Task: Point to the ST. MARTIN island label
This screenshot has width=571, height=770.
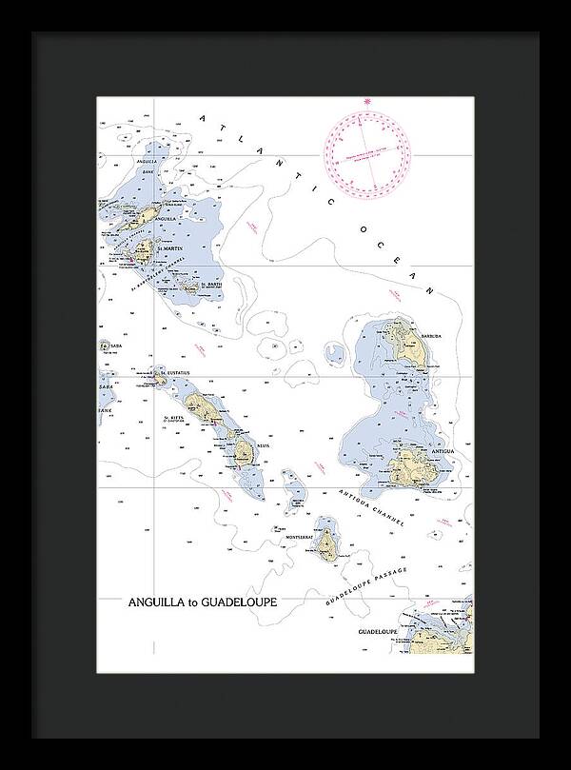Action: [171, 248]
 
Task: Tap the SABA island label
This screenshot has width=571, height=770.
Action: [108, 346]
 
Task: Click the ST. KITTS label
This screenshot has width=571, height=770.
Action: [173, 417]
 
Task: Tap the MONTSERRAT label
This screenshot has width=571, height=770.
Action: [299, 538]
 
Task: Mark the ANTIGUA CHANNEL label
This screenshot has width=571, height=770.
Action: [372, 510]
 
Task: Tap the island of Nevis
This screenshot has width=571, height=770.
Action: [244, 449]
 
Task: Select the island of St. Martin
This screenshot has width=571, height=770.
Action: [145, 252]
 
